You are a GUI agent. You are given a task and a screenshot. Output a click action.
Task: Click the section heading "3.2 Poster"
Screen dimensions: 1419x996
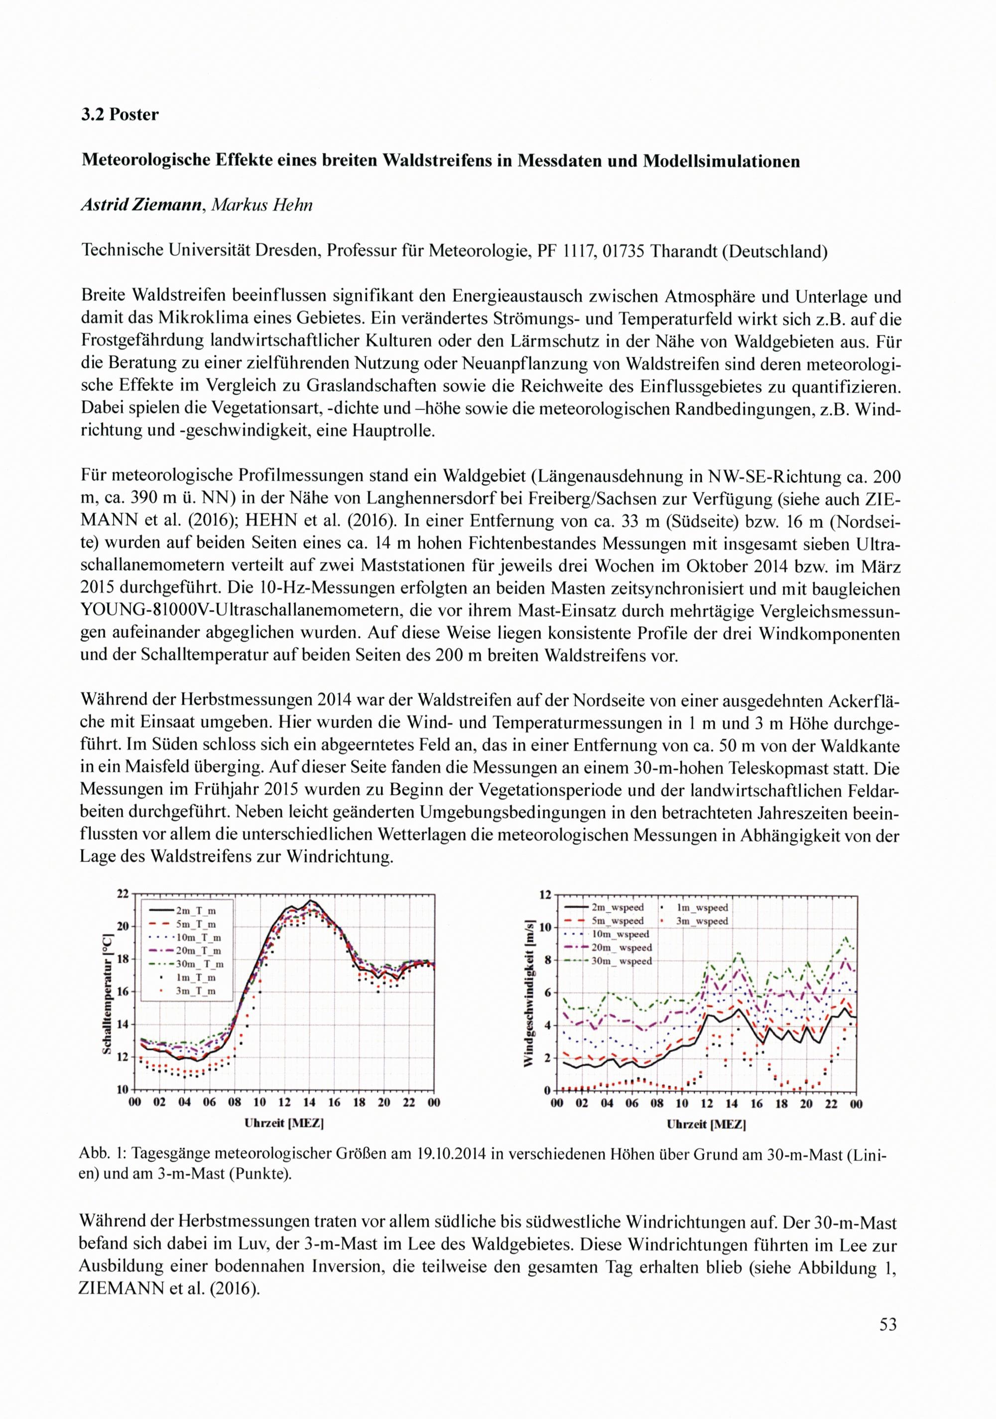pos(120,115)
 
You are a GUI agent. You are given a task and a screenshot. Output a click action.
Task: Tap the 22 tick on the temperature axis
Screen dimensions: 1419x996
pos(123,894)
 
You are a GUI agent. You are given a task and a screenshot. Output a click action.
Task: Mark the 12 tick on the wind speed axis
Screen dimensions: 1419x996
pos(544,895)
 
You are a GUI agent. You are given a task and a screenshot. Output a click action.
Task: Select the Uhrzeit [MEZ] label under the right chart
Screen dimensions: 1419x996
pos(706,1124)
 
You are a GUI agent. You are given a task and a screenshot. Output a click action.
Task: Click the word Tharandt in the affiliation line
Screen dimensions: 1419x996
pos(685,252)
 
